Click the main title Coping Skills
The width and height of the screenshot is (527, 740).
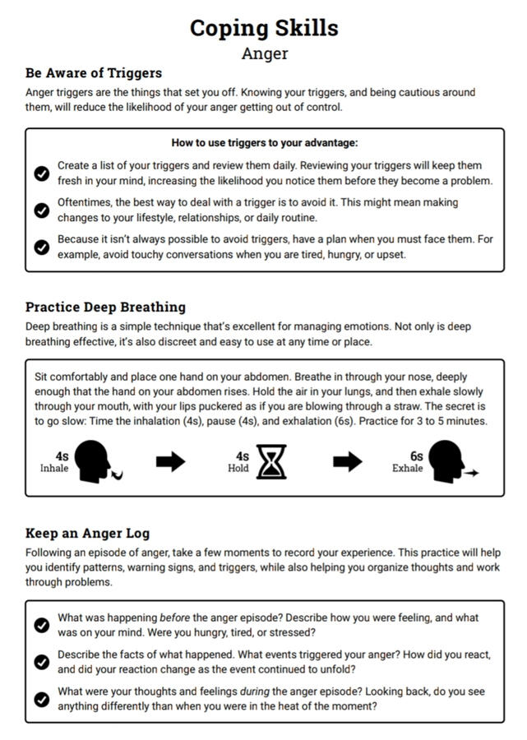(x=264, y=28)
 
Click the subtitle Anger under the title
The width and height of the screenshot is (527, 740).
(x=264, y=54)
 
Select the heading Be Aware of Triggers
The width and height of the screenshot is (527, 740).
(x=93, y=73)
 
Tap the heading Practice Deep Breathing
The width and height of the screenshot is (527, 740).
(x=105, y=307)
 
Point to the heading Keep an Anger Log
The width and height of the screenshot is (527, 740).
(x=87, y=533)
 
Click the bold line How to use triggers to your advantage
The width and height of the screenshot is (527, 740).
(x=264, y=142)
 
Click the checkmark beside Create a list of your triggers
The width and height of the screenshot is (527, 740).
(x=42, y=173)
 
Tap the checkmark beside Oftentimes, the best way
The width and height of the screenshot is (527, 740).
(x=42, y=210)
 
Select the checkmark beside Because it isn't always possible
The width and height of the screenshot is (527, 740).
(x=42, y=247)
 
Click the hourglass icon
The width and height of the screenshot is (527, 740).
(x=271, y=462)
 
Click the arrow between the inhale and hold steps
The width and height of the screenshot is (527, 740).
(x=170, y=461)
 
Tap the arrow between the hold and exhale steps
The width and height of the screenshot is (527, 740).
(x=347, y=461)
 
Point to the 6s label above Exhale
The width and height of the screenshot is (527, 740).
(x=416, y=456)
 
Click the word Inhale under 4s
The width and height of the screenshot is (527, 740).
(x=54, y=469)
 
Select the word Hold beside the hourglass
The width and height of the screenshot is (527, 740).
(x=238, y=469)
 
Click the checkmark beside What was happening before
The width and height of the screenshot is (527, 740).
(x=42, y=625)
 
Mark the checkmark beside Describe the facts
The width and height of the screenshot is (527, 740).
(x=42, y=662)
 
